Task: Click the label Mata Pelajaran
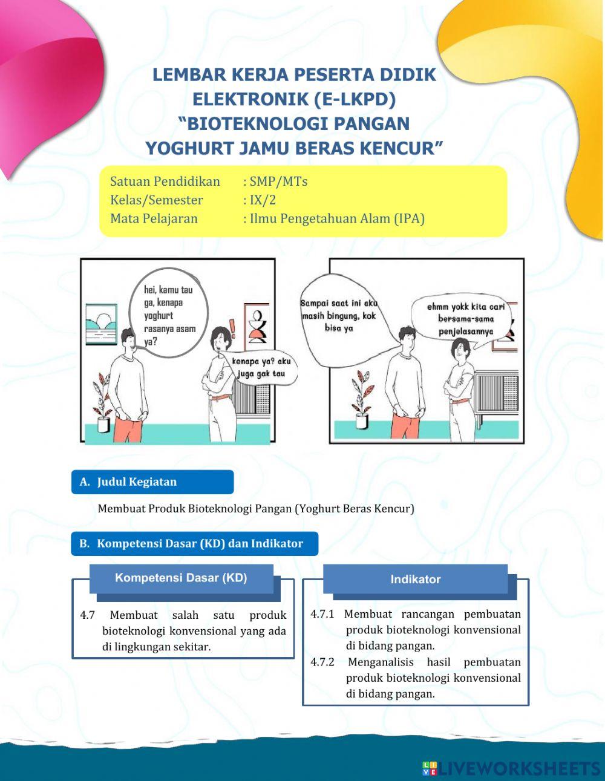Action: tap(154, 218)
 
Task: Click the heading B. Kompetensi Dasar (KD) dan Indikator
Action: tap(195, 543)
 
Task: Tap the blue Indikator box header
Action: tap(415, 579)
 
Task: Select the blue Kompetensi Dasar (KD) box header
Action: tap(181, 578)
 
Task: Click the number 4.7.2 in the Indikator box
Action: tap(322, 662)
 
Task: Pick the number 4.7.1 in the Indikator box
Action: tap(322, 614)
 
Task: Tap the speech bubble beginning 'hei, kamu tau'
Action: tap(169, 315)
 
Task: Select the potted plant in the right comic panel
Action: tap(361, 399)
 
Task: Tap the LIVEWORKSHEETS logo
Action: tap(511, 768)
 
